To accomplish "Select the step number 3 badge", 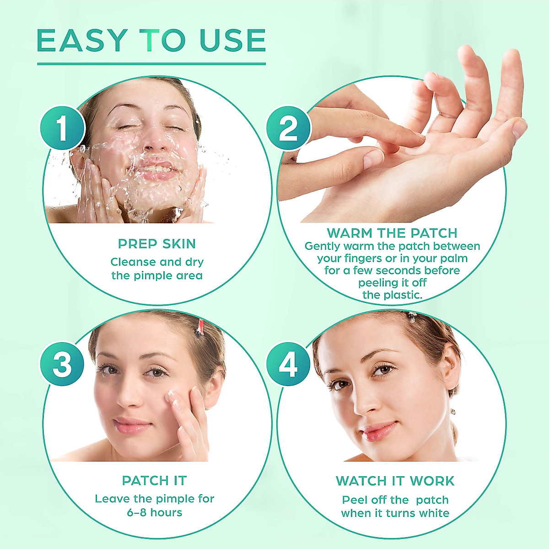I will (x=63, y=365).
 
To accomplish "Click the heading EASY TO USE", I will (x=151, y=40).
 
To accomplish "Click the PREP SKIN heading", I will (x=157, y=244).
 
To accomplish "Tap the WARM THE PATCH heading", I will (x=392, y=233).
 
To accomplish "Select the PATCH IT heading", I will (x=155, y=481).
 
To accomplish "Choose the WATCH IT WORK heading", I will (x=395, y=481).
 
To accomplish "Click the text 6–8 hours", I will (x=155, y=512).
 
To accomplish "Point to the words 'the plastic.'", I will (x=392, y=295).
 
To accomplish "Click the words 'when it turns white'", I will (x=395, y=513).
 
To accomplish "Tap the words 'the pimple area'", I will (x=157, y=276).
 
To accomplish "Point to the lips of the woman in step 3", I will (x=131, y=425).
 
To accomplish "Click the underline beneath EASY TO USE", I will (x=151, y=64).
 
